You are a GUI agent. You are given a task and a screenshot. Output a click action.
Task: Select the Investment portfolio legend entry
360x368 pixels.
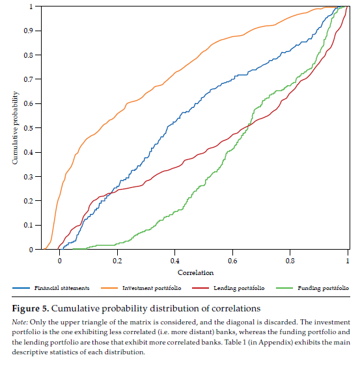tap(154, 287)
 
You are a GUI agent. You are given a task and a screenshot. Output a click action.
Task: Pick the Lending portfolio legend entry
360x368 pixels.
tap(240, 287)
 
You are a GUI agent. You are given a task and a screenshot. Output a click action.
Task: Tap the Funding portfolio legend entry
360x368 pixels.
tap(323, 287)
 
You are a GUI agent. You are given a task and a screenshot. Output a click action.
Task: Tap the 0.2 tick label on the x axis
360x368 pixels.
tap(117, 261)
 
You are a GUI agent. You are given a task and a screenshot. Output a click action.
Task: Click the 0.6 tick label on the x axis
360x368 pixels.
tap(232, 261)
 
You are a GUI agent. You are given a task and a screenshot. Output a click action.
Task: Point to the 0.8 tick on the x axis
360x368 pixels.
tap(290, 261)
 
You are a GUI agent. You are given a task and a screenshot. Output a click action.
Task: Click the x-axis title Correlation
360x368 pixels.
tap(195, 272)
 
